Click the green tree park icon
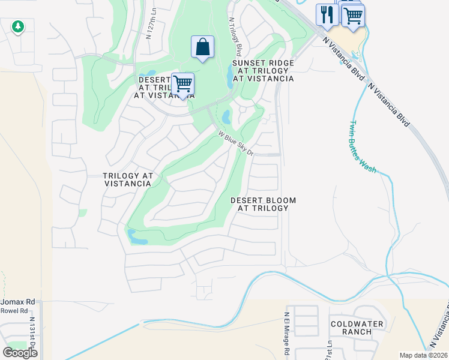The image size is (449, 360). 18,26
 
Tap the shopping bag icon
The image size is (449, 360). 203,47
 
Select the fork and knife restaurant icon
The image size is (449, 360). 327,14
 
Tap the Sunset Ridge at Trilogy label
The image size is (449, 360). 263,70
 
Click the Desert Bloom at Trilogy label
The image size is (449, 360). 264,204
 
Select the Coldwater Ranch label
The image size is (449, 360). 357,328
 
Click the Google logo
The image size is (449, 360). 20,353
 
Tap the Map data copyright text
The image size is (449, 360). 423,355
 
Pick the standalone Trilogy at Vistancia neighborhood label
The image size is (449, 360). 128,179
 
